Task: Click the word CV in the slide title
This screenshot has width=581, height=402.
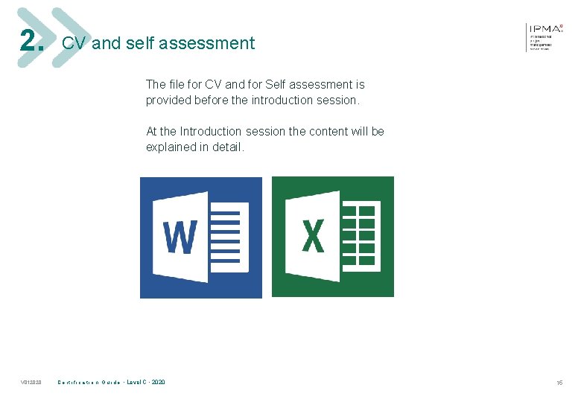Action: pyautogui.click(x=73, y=43)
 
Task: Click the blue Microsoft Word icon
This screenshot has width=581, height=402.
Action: pyautogui.click(x=201, y=237)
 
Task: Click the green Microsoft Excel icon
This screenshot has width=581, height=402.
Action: pyautogui.click(x=333, y=237)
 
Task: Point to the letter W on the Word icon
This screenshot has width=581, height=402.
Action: pyautogui.click(x=180, y=237)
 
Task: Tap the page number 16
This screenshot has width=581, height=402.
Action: pyautogui.click(x=559, y=383)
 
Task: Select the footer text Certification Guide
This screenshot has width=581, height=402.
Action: pyautogui.click(x=89, y=383)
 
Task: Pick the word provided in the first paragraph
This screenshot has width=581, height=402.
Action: pyautogui.click(x=168, y=100)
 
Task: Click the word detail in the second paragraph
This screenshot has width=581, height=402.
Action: pyautogui.click(x=228, y=147)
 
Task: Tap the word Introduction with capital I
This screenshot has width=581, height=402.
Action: pyautogui.click(x=211, y=132)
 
